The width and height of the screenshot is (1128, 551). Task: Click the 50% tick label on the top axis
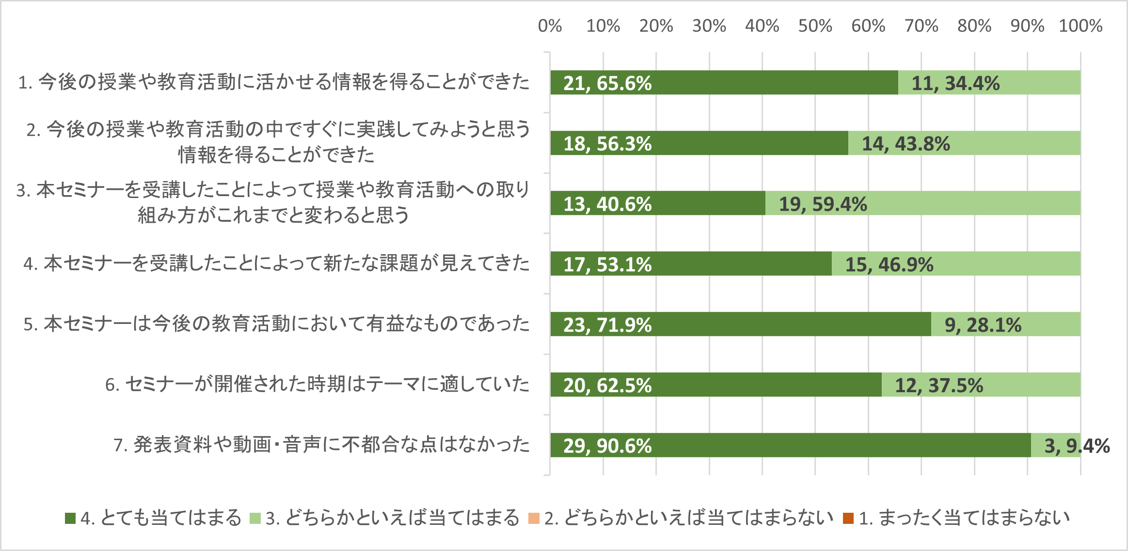(815, 26)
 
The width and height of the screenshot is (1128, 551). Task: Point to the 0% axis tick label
(550, 26)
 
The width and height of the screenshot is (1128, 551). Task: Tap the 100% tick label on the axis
(1080, 26)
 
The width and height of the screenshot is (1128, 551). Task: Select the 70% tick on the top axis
(921, 26)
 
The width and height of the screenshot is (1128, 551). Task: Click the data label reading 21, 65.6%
(607, 83)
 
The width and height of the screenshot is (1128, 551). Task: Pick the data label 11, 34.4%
(955, 83)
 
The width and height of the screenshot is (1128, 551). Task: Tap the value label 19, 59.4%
(823, 204)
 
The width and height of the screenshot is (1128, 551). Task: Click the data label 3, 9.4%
(1077, 446)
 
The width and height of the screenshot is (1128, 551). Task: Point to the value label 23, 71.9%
(607, 325)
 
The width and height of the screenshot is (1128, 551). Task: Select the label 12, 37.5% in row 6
(939, 385)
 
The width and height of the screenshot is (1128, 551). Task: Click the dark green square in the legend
(70, 519)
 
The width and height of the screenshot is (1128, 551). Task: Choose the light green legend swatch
(255, 519)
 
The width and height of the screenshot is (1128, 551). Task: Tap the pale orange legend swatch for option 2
(534, 519)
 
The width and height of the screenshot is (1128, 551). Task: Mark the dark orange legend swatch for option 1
(848, 519)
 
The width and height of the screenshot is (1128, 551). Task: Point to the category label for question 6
(317, 384)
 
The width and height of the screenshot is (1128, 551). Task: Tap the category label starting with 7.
(321, 444)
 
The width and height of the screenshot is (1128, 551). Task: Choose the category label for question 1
(273, 82)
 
